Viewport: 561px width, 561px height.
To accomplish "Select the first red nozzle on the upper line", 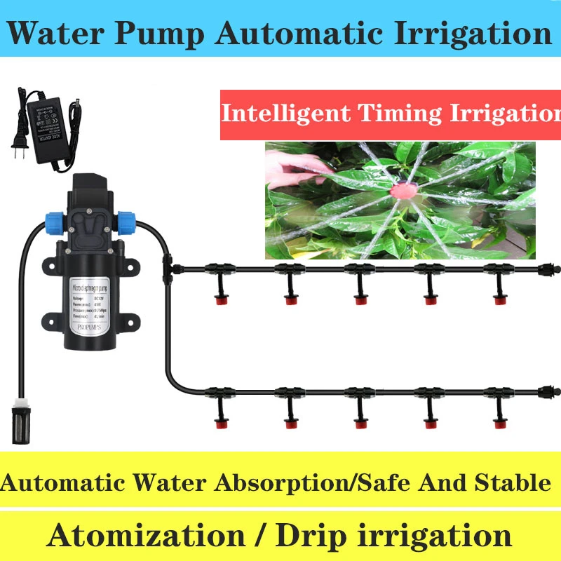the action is click(219, 300).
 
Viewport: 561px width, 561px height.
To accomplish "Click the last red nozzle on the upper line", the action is click(499, 300).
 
